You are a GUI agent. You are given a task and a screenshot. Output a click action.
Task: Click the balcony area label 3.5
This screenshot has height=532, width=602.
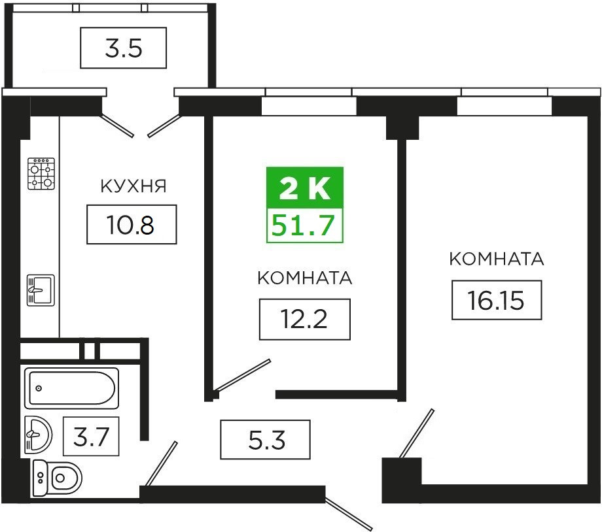(x=123, y=48)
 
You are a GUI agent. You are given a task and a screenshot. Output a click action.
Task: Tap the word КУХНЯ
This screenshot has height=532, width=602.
(x=133, y=186)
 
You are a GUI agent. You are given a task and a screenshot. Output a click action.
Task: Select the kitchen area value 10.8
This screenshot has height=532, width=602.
(x=132, y=224)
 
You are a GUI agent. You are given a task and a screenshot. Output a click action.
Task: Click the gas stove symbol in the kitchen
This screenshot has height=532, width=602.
(x=41, y=174)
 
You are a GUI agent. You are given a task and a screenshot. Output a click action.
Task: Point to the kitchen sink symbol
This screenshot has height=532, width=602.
(x=41, y=290)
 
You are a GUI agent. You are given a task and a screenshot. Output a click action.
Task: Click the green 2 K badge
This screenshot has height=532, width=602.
(x=305, y=189)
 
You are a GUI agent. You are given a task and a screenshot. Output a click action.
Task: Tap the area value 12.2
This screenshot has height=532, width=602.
(x=304, y=320)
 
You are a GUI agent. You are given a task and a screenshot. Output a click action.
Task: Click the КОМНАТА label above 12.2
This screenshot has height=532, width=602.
(x=305, y=278)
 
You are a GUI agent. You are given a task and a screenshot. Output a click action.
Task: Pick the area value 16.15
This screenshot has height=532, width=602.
(x=497, y=300)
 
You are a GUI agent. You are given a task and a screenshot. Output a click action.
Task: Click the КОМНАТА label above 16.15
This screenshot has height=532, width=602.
(x=497, y=259)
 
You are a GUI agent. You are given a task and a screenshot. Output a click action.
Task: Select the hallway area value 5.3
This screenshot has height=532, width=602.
(x=265, y=440)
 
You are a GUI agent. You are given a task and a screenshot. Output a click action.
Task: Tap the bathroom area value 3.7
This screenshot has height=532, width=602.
(x=91, y=436)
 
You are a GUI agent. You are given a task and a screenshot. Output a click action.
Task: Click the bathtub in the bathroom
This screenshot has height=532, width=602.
(x=72, y=388)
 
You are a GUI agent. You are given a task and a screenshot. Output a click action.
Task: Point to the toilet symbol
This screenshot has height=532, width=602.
(x=57, y=478)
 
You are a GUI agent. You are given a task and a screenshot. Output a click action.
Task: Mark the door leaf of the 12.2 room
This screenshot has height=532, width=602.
(x=243, y=376)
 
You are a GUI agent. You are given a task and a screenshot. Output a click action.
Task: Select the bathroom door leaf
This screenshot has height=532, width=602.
(x=161, y=463)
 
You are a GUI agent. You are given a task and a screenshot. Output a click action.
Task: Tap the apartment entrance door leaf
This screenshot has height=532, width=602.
(x=349, y=514)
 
